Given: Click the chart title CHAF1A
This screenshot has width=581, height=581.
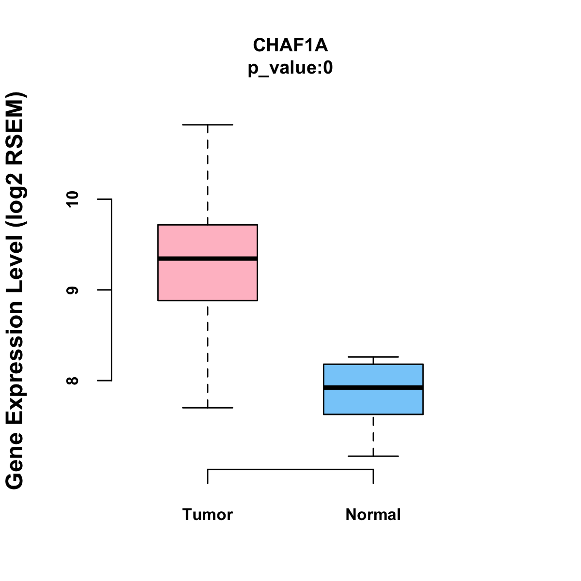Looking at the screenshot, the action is pos(290,45).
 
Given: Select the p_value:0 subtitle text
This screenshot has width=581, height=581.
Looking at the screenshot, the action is pos(290,68).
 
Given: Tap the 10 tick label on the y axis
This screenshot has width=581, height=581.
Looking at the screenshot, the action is pos(72,199).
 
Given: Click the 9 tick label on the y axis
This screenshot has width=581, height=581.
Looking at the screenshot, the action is pos(72,290).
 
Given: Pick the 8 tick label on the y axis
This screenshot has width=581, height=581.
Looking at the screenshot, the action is pos(72,381).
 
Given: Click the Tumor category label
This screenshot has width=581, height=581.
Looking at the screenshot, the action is pos(207,514).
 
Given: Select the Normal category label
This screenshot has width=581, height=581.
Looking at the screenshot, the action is pos(373,514).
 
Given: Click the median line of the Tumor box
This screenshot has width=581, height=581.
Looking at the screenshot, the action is pos(207,259).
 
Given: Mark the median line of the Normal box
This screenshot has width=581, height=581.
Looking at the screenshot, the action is pos(373,387).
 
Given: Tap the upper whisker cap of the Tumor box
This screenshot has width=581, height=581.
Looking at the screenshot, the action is pos(207,124).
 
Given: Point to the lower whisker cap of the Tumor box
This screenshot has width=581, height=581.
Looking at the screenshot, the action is pos(207,408).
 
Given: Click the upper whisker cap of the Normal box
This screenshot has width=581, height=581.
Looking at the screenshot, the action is pos(373,357).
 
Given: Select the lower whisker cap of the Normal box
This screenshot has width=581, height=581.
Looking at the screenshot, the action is pos(373,456).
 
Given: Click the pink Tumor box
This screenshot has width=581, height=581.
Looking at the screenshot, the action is pos(207,262).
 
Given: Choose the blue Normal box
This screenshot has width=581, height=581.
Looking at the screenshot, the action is pos(373,389).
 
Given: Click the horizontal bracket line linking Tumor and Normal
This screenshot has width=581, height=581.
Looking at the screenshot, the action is pos(290,470).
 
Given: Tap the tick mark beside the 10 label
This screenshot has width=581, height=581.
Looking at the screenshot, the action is pos(104,199).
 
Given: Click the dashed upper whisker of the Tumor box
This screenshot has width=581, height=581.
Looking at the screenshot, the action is pos(207,175).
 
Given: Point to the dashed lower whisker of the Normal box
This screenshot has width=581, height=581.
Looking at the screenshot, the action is pos(373,435).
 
